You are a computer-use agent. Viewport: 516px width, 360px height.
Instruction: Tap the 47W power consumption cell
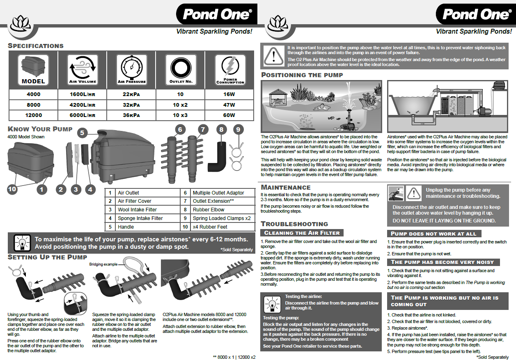click(x=229, y=105)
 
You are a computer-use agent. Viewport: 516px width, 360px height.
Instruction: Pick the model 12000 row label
click(x=33, y=115)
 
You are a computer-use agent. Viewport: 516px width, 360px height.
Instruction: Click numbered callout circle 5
click(x=83, y=133)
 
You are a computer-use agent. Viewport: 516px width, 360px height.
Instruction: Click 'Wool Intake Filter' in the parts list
click(x=137, y=210)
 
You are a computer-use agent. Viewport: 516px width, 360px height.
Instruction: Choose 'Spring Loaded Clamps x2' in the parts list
click(x=221, y=218)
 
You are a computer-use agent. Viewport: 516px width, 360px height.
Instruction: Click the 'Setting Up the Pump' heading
click(x=48, y=257)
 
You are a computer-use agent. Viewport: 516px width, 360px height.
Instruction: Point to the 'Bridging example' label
click(x=103, y=264)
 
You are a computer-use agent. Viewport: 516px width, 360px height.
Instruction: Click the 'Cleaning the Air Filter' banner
click(x=302, y=233)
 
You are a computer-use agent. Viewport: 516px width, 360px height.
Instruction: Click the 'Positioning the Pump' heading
click(x=302, y=75)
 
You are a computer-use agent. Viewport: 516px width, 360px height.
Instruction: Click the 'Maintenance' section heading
click(x=286, y=188)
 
